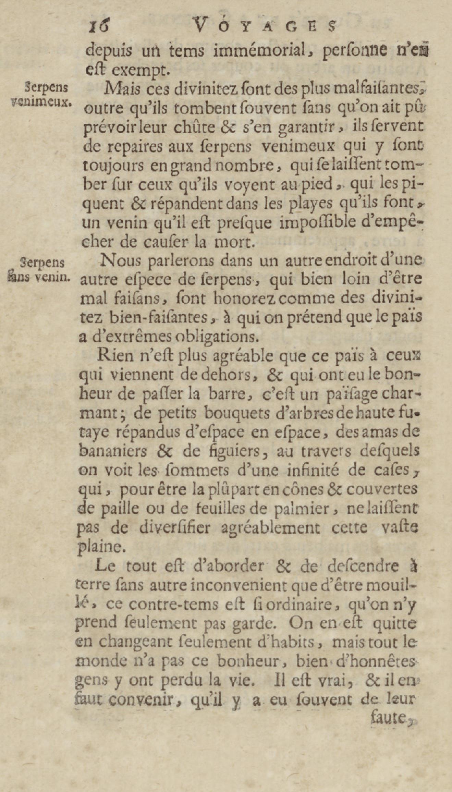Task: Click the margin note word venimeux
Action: point(41,102)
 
